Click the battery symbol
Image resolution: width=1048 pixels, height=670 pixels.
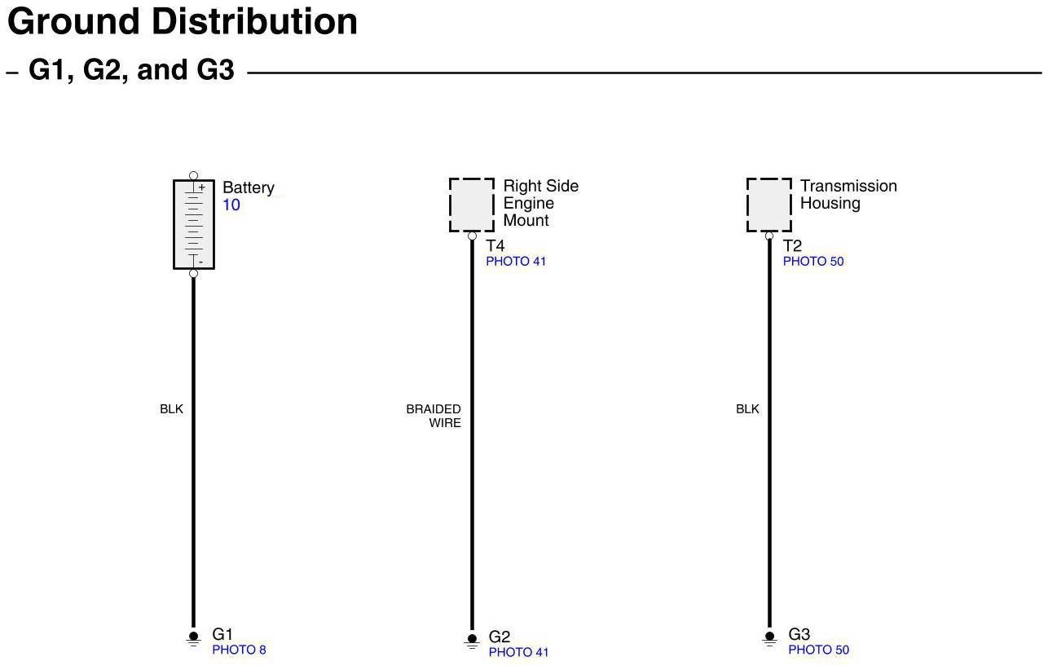[x=194, y=224]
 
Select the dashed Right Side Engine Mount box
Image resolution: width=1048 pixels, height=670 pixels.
[x=472, y=205]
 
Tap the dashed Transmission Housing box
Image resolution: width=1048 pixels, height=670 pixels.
[x=769, y=205]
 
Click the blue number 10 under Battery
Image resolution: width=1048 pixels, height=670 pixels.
[x=231, y=205]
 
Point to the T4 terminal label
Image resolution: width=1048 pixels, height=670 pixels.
[x=495, y=245]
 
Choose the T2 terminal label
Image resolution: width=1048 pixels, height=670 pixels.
[x=792, y=245]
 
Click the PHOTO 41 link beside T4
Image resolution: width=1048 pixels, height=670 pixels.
[x=516, y=262]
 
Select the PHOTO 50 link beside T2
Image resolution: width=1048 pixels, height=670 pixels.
[x=813, y=262]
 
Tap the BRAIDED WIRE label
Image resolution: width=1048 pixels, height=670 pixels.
[x=434, y=416]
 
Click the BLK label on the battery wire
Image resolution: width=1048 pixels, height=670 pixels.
[x=171, y=409]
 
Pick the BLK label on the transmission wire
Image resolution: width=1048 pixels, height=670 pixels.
[x=747, y=409]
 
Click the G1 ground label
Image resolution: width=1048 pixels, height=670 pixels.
[x=222, y=634]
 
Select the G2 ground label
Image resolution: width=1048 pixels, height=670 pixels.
[x=500, y=637]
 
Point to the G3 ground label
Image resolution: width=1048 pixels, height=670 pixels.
[x=799, y=634]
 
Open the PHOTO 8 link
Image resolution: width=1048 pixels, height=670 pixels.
[x=239, y=650]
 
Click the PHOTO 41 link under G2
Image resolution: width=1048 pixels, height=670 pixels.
[x=518, y=652]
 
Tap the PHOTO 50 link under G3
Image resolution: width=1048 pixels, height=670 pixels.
[x=818, y=650]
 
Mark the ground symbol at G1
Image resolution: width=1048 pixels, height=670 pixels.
[x=193, y=638]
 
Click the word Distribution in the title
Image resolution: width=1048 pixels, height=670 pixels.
[x=255, y=21]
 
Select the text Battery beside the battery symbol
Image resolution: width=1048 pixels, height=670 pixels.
[x=249, y=188]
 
